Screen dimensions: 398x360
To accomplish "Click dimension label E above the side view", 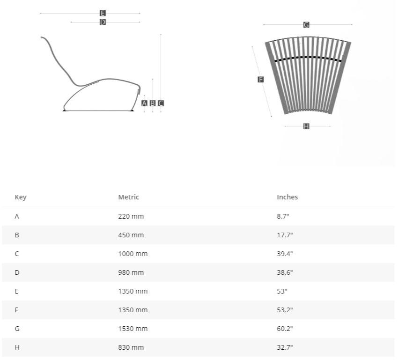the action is pos(103,13).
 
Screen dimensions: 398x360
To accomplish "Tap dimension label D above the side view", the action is pos(103,22).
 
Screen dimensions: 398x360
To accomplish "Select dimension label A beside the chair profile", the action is pos(144,103).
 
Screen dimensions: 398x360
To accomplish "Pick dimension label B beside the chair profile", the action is pos(153,103).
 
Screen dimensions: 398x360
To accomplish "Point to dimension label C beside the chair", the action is pos(161,103).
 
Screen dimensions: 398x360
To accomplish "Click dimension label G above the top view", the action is pos(306,25).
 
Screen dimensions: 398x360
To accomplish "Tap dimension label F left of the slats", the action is pos(261,80).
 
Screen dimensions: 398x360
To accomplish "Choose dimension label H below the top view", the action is pos(306,126).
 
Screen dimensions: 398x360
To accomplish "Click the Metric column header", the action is pos(128,197).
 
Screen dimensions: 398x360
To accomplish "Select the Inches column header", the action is pos(287,197).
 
